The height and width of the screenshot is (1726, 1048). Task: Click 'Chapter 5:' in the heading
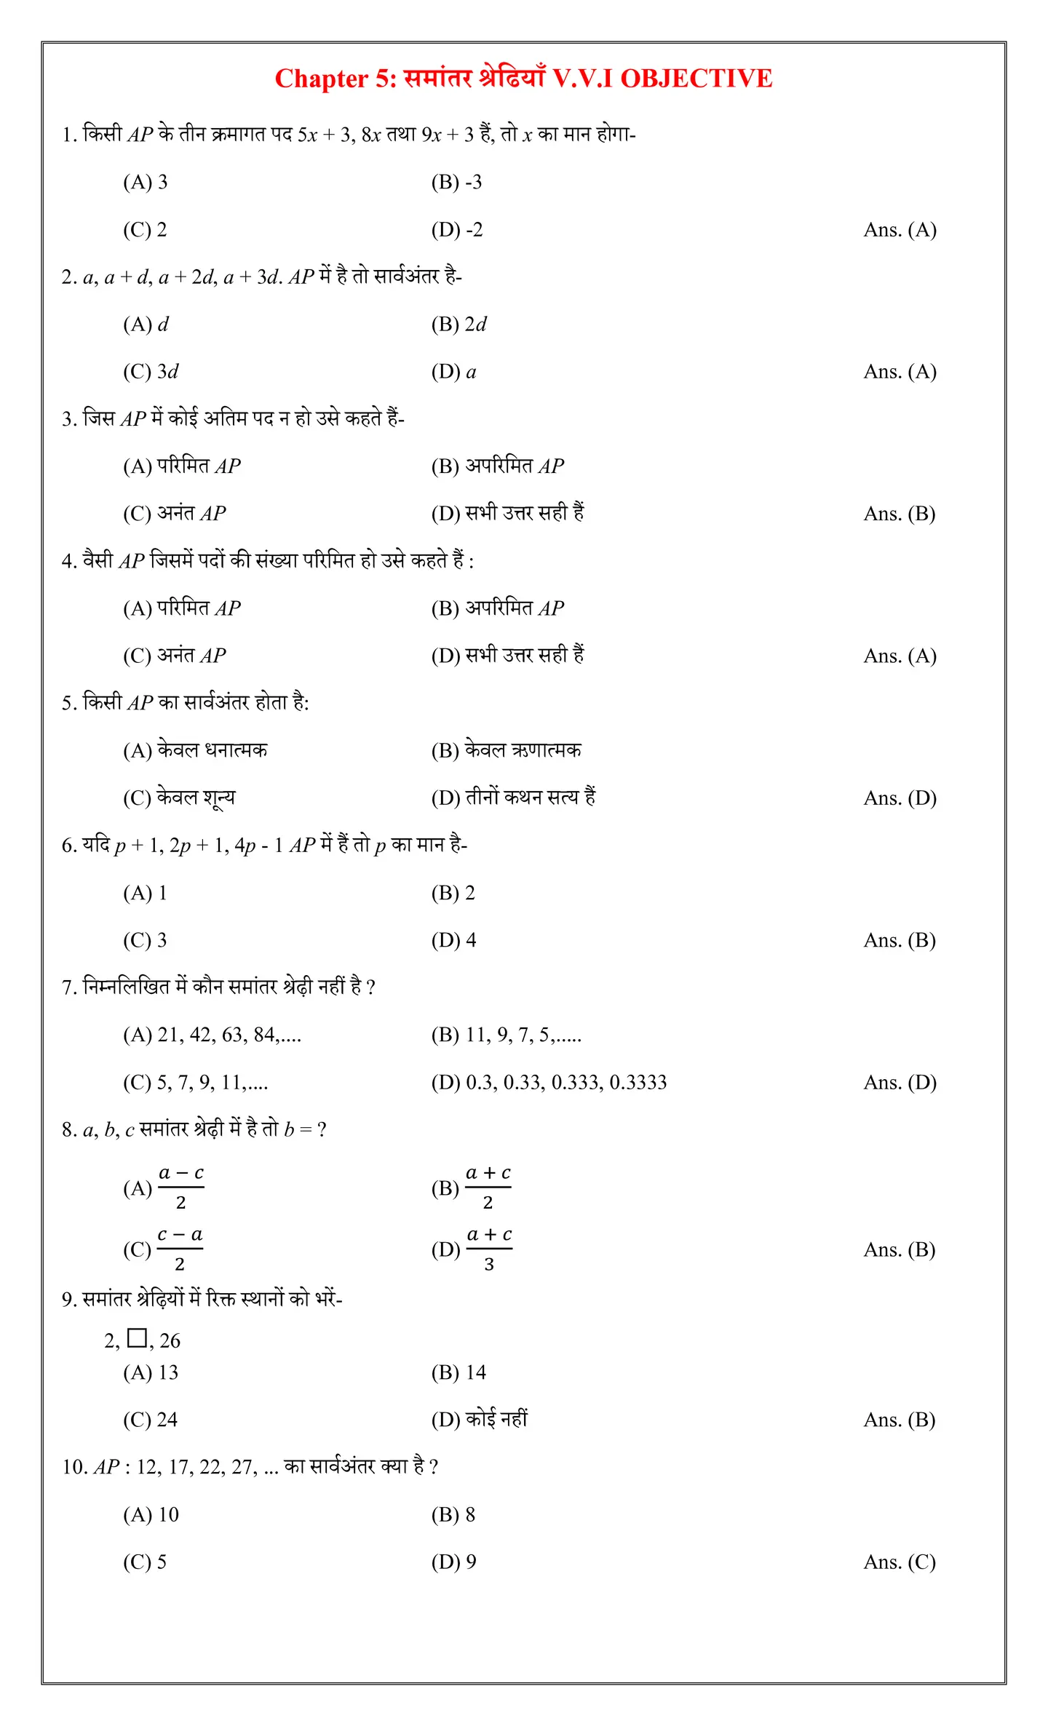pyautogui.click(x=336, y=79)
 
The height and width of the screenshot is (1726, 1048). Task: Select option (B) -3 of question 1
pyautogui.click(x=456, y=182)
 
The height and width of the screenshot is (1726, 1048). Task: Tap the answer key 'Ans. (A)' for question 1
pyautogui.click(x=900, y=230)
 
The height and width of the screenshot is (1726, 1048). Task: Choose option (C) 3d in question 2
pyautogui.click(x=151, y=372)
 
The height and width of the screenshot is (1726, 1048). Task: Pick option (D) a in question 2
pyautogui.click(x=453, y=372)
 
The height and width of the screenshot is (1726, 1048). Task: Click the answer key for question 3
pyautogui.click(x=900, y=514)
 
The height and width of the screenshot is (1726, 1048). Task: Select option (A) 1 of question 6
pyautogui.click(x=146, y=893)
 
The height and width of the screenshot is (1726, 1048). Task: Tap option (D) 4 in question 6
pyautogui.click(x=453, y=940)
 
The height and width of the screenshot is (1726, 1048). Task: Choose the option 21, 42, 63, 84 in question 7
pyautogui.click(x=212, y=1035)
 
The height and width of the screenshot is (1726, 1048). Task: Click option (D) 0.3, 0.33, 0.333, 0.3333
pyautogui.click(x=549, y=1082)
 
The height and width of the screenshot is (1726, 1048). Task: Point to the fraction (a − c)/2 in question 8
pyautogui.click(x=181, y=1188)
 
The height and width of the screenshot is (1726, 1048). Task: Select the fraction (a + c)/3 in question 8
pyautogui.click(x=489, y=1249)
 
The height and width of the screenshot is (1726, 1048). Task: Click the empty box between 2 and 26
pyautogui.click(x=137, y=1337)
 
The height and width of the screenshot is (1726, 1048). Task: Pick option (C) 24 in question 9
pyautogui.click(x=150, y=1420)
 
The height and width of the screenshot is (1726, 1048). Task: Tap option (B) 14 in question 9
pyautogui.click(x=458, y=1372)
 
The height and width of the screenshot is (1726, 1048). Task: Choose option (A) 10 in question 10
pyautogui.click(x=151, y=1514)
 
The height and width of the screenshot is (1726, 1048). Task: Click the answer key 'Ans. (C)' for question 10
pyautogui.click(x=900, y=1562)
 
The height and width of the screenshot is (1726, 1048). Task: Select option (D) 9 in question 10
pyautogui.click(x=453, y=1562)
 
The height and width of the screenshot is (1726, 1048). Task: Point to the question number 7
pyautogui.click(x=68, y=988)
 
